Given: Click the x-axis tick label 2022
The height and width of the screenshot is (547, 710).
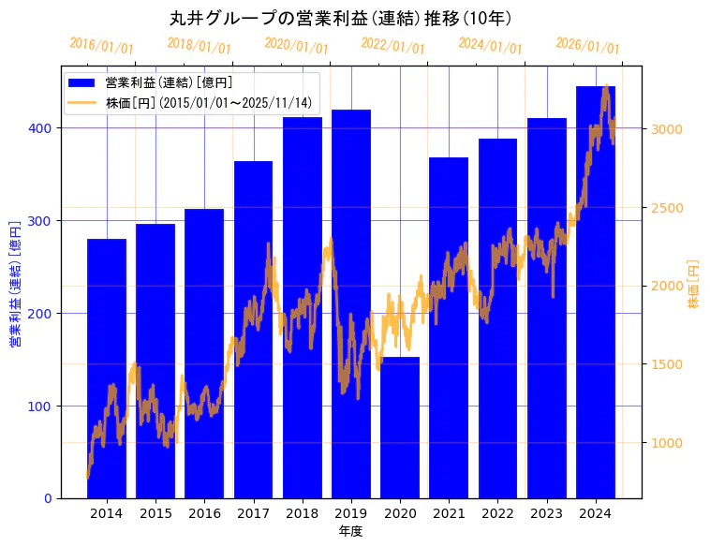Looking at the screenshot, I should (x=497, y=513).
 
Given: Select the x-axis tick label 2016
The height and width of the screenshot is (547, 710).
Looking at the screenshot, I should (x=204, y=513).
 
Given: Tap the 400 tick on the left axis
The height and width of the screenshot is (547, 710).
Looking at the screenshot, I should (x=43, y=128).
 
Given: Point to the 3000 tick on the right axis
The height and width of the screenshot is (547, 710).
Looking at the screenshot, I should (x=665, y=129).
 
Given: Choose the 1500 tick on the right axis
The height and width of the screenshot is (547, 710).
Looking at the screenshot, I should (x=665, y=364).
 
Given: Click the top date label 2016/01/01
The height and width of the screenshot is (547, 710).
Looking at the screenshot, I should (x=101, y=46).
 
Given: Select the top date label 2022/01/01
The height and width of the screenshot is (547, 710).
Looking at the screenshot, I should (x=392, y=46).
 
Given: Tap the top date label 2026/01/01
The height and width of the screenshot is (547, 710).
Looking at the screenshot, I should (x=587, y=46).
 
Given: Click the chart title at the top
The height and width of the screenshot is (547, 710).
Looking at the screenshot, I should (x=340, y=18).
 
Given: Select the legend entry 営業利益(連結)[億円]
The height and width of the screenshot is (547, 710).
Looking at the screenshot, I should (x=169, y=83).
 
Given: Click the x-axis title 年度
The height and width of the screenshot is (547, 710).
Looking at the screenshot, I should (x=350, y=531).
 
